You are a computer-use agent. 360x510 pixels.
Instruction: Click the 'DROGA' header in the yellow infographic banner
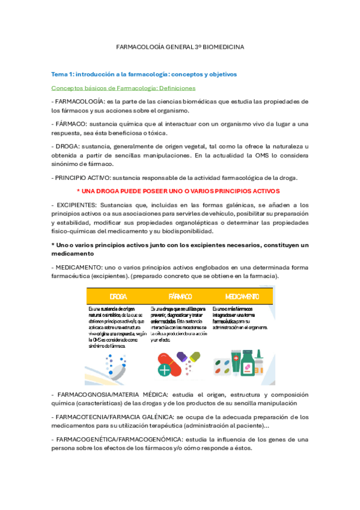coord(118,296)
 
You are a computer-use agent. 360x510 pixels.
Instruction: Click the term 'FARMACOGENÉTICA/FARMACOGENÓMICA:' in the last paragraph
coord(119,439)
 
